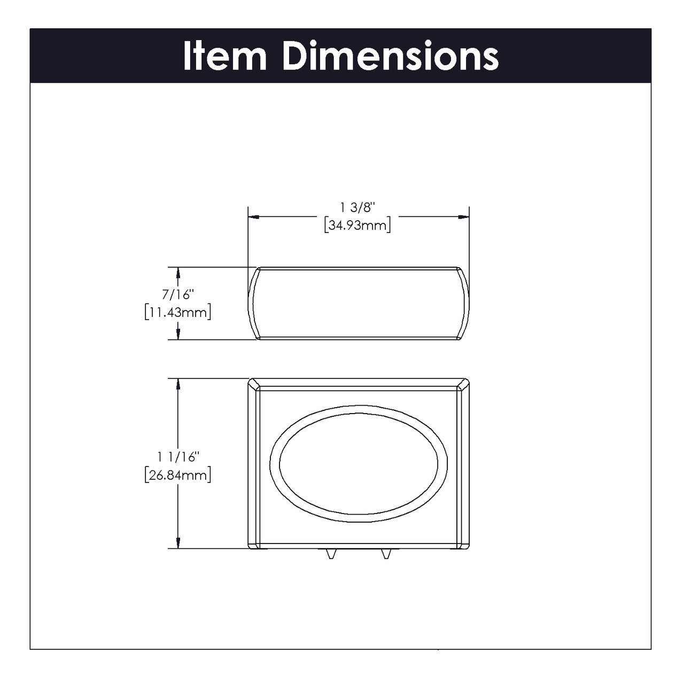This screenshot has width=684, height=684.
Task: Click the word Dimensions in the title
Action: (x=391, y=56)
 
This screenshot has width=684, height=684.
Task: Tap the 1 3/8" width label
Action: (x=358, y=208)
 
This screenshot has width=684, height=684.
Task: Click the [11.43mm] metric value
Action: (x=177, y=312)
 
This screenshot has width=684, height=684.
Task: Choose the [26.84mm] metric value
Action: (x=177, y=474)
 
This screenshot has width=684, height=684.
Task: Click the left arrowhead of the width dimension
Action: (x=253, y=217)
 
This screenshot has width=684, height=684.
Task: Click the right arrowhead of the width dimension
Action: (x=464, y=217)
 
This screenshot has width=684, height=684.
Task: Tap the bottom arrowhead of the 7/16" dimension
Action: (x=177, y=335)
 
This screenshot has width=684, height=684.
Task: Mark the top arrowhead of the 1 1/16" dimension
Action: (x=177, y=384)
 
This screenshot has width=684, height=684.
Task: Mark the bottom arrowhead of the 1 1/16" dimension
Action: (x=177, y=543)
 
